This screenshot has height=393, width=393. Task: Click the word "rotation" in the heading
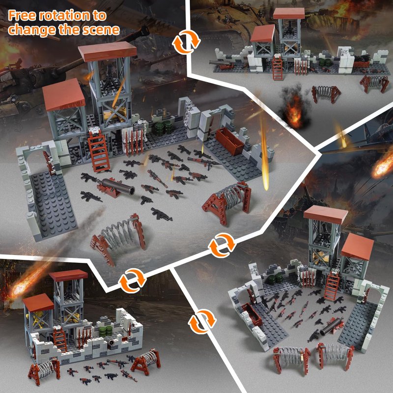pyautogui.click(x=64, y=16)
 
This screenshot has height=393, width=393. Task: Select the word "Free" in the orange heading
pyautogui.click(x=22, y=16)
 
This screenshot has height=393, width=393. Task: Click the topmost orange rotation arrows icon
pyautogui.click(x=186, y=42)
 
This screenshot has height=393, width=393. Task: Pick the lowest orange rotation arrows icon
pyautogui.click(x=202, y=321)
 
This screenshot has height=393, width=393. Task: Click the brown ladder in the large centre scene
pyautogui.click(x=99, y=151)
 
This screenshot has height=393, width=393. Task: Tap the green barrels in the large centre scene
pyautogui.click(x=163, y=128)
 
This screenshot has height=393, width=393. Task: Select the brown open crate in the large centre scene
pyautogui.click(x=229, y=141)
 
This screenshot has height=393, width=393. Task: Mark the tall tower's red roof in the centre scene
pyautogui.click(x=108, y=51)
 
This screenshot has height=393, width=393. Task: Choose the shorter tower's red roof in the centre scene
pyautogui.click(x=64, y=94)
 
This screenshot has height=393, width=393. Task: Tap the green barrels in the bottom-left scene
pyautogui.click(x=106, y=331)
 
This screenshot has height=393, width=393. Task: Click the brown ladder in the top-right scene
pyautogui.click(x=277, y=68)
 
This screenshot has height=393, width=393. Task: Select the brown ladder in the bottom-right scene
pyautogui.click(x=332, y=286)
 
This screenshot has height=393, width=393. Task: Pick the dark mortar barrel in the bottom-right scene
pyautogui.click(x=331, y=326)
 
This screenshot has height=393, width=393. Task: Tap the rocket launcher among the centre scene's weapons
pyautogui.click(x=204, y=162)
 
